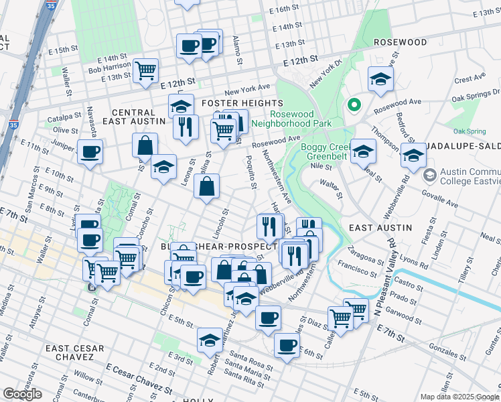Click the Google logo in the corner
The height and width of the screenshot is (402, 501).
pos(22,394)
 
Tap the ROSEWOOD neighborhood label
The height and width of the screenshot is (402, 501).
pos(400,42)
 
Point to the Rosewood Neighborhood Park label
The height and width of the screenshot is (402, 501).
pos(291,119)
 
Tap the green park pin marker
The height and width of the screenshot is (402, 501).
pos(353,105)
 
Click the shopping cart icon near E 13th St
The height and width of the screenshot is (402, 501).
pos(145,70)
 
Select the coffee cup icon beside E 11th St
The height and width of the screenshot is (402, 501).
pos(90,151)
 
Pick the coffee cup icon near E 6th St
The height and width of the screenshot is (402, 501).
pos(287,345)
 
